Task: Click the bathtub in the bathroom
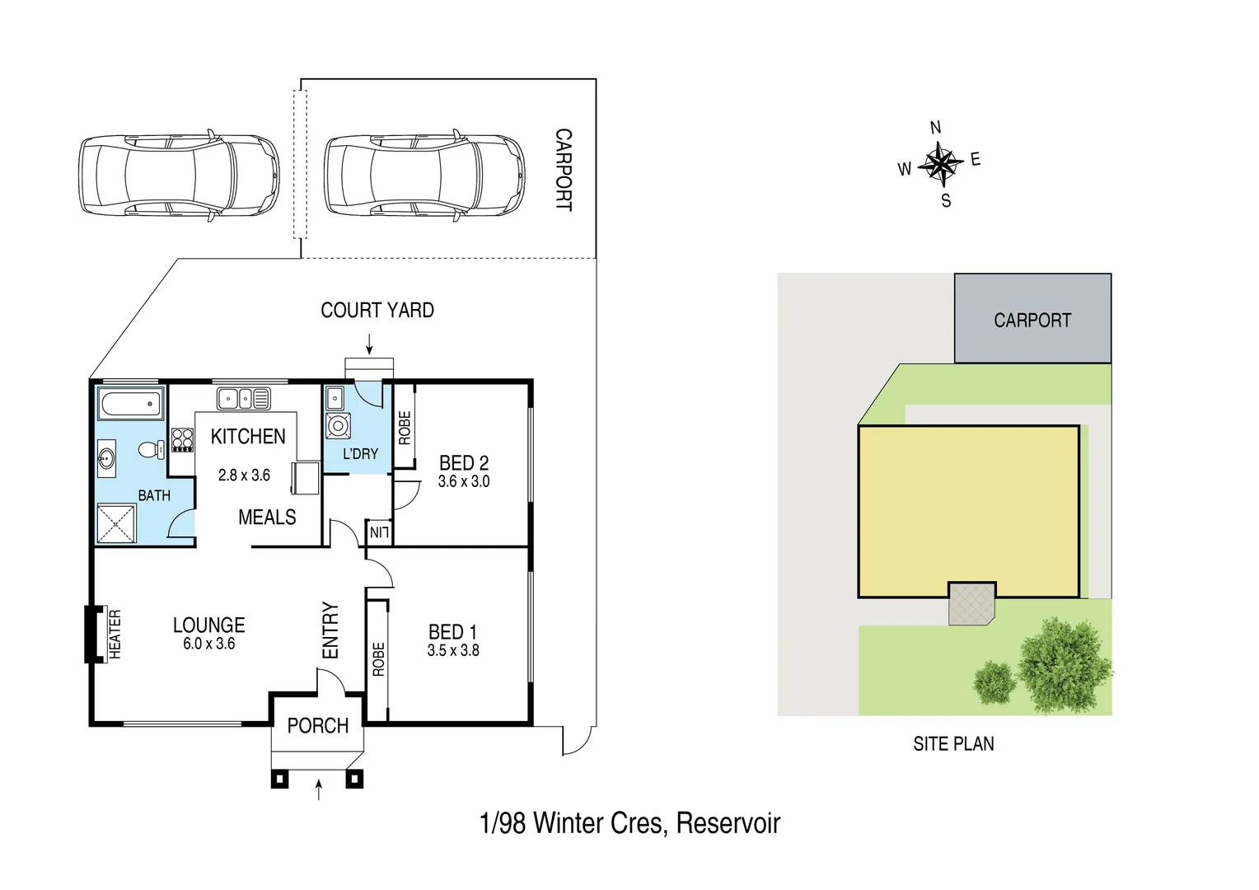[x=130, y=405]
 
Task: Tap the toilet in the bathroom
[x=151, y=450]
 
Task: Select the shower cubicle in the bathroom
[x=116, y=523]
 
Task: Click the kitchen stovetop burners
[x=182, y=440]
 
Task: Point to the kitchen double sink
[x=243, y=399]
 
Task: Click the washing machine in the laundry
[x=338, y=426]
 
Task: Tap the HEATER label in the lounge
[x=115, y=634]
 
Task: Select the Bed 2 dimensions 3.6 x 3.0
[x=464, y=482]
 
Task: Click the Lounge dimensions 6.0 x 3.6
[x=208, y=644]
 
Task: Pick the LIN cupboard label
[x=379, y=532]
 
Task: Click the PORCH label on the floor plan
[x=317, y=726]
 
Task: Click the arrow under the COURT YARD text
[x=369, y=343]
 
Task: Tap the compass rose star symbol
[x=940, y=162]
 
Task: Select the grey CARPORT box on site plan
[x=1032, y=319]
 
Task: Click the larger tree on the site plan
[x=1065, y=664]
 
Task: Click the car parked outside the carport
[x=179, y=176]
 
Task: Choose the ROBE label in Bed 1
[x=378, y=659]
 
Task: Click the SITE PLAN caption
[x=953, y=744]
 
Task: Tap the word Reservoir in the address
[x=728, y=823]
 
